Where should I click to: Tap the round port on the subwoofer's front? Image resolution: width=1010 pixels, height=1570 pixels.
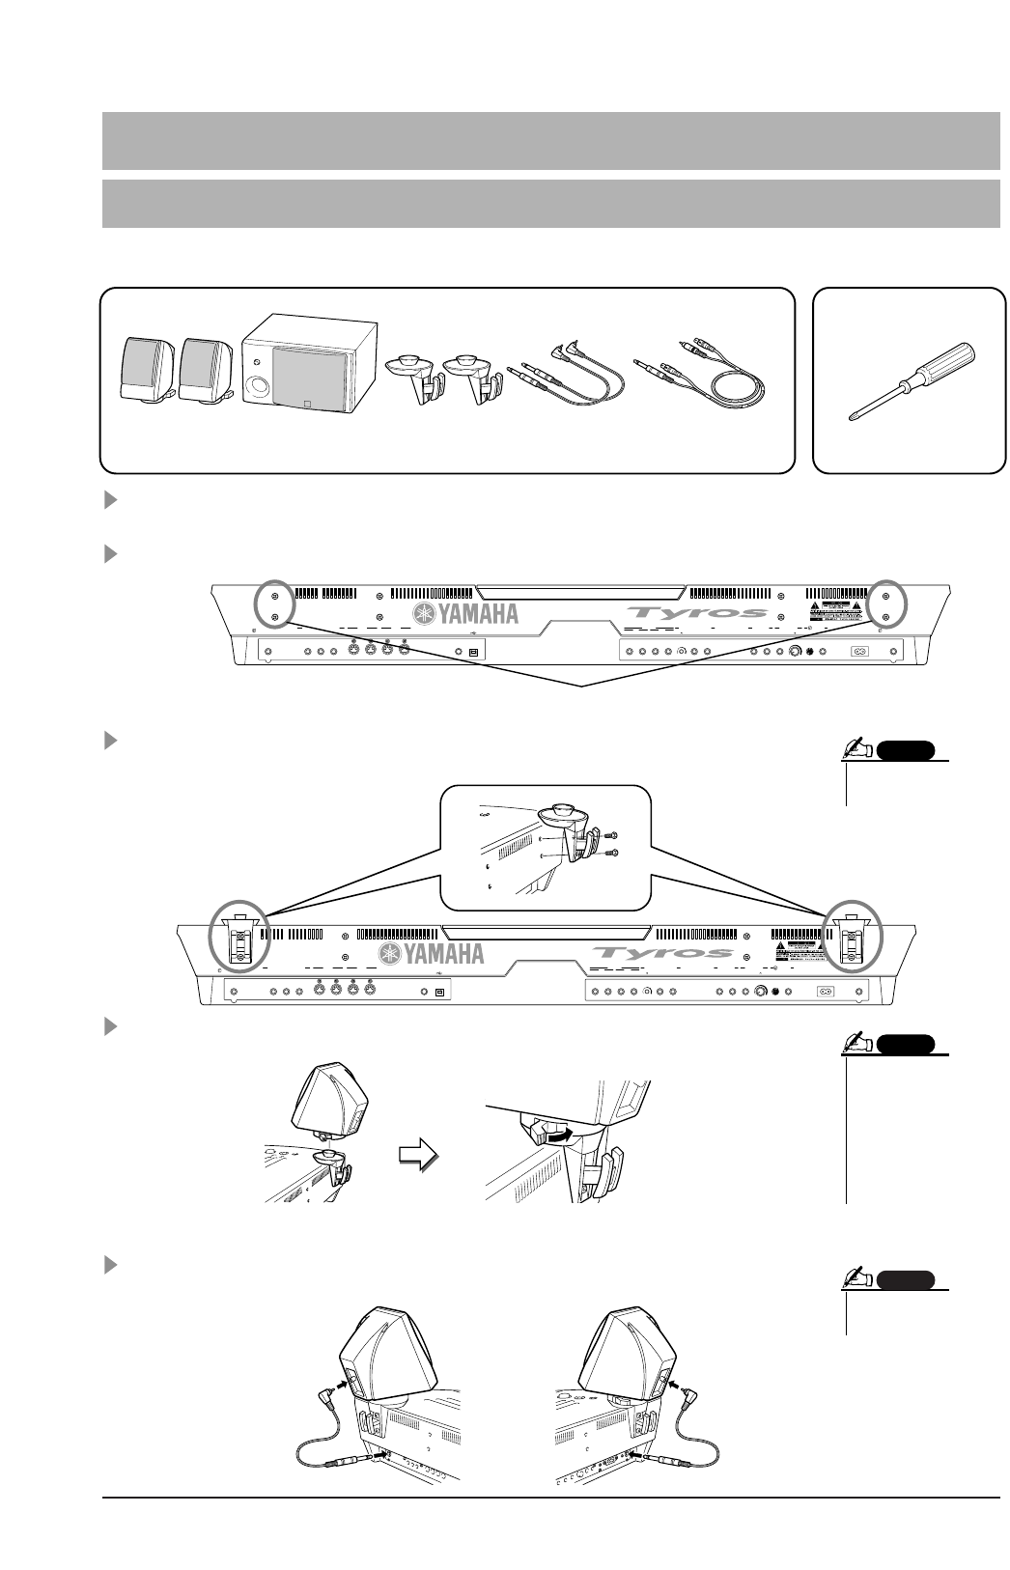pos(259,389)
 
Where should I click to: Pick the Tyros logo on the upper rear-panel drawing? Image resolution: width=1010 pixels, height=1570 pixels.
pos(696,612)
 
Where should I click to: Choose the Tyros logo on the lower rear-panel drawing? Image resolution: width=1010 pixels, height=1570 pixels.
pos(662,954)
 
